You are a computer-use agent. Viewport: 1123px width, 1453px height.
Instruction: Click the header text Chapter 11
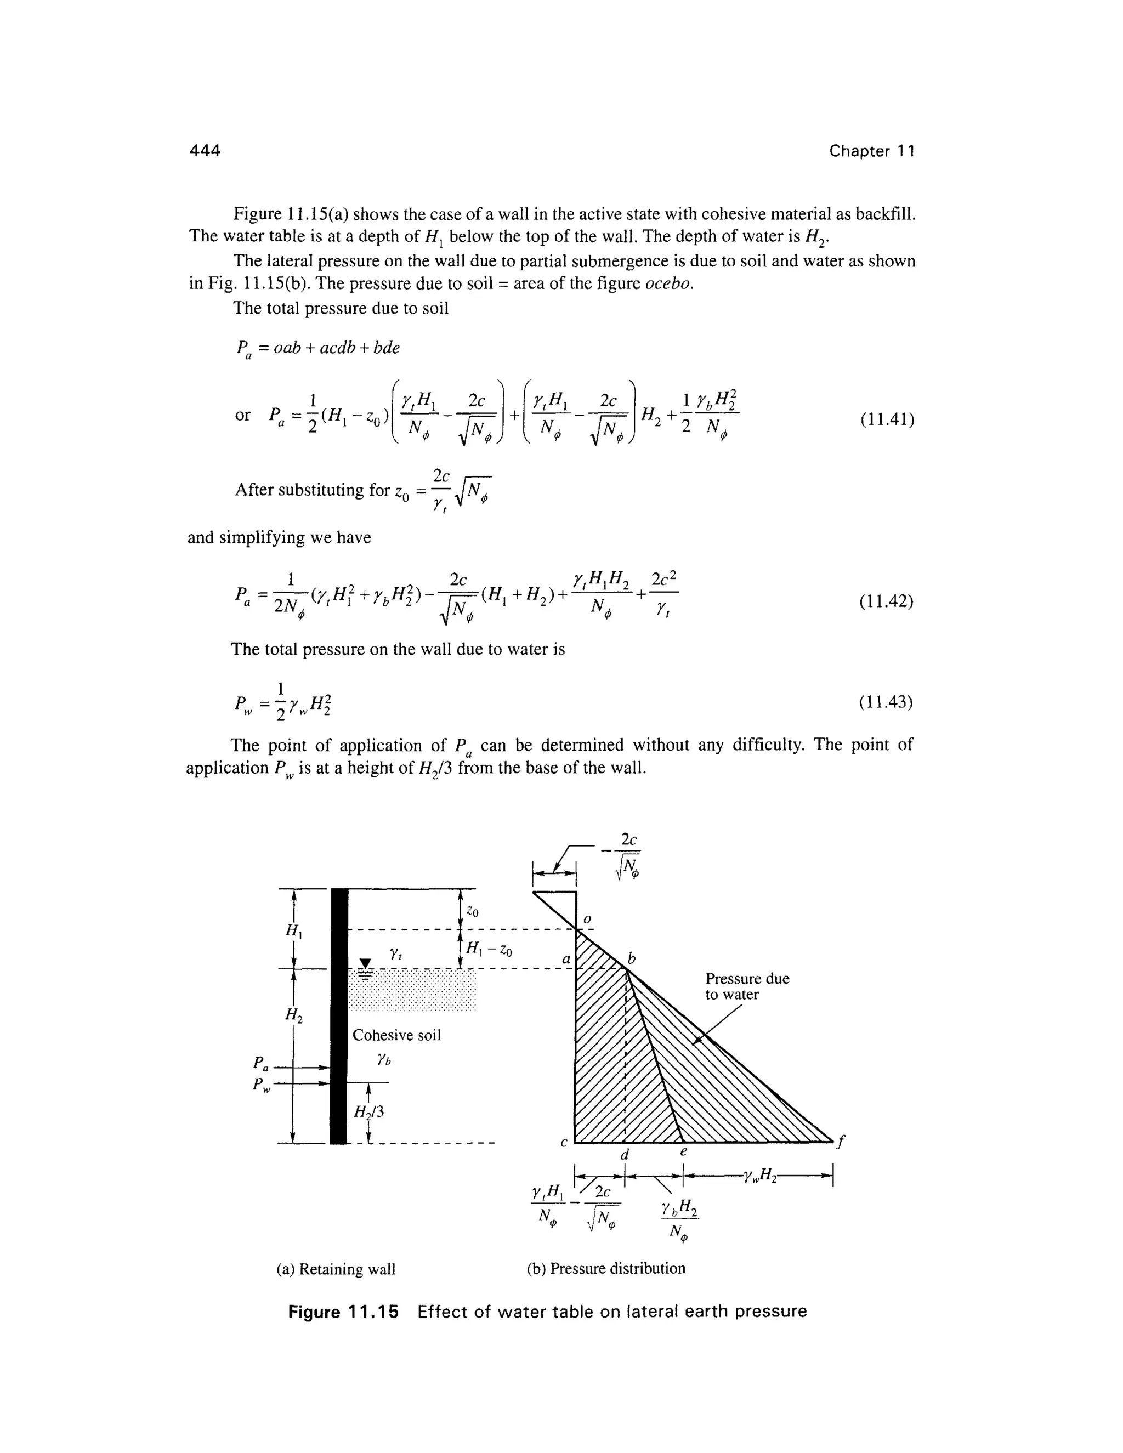tap(871, 151)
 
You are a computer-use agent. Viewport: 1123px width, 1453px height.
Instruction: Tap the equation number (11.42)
tap(887, 601)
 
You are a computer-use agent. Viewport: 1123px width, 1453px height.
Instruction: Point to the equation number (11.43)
tap(887, 702)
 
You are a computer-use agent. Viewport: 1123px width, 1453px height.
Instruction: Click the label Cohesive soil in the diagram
tap(396, 1035)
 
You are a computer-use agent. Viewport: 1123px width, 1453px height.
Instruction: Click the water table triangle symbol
tap(365, 964)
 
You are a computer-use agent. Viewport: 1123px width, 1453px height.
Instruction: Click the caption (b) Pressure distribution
tap(606, 1269)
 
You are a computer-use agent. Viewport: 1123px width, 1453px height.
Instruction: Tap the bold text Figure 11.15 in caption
tap(343, 1312)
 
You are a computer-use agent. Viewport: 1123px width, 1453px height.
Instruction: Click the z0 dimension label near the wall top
tap(472, 911)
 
